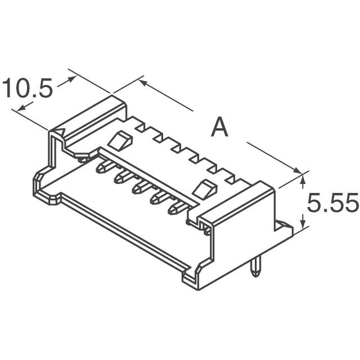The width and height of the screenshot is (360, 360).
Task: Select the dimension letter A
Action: click(219, 128)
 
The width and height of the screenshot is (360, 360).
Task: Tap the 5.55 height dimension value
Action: click(331, 204)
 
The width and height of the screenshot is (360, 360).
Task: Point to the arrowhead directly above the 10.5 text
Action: click(71, 80)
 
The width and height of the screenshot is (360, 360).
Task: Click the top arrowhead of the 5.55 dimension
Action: click(304, 179)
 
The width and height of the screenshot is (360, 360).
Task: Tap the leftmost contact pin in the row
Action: click(103, 166)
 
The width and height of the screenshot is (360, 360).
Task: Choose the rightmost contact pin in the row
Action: click(175, 209)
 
